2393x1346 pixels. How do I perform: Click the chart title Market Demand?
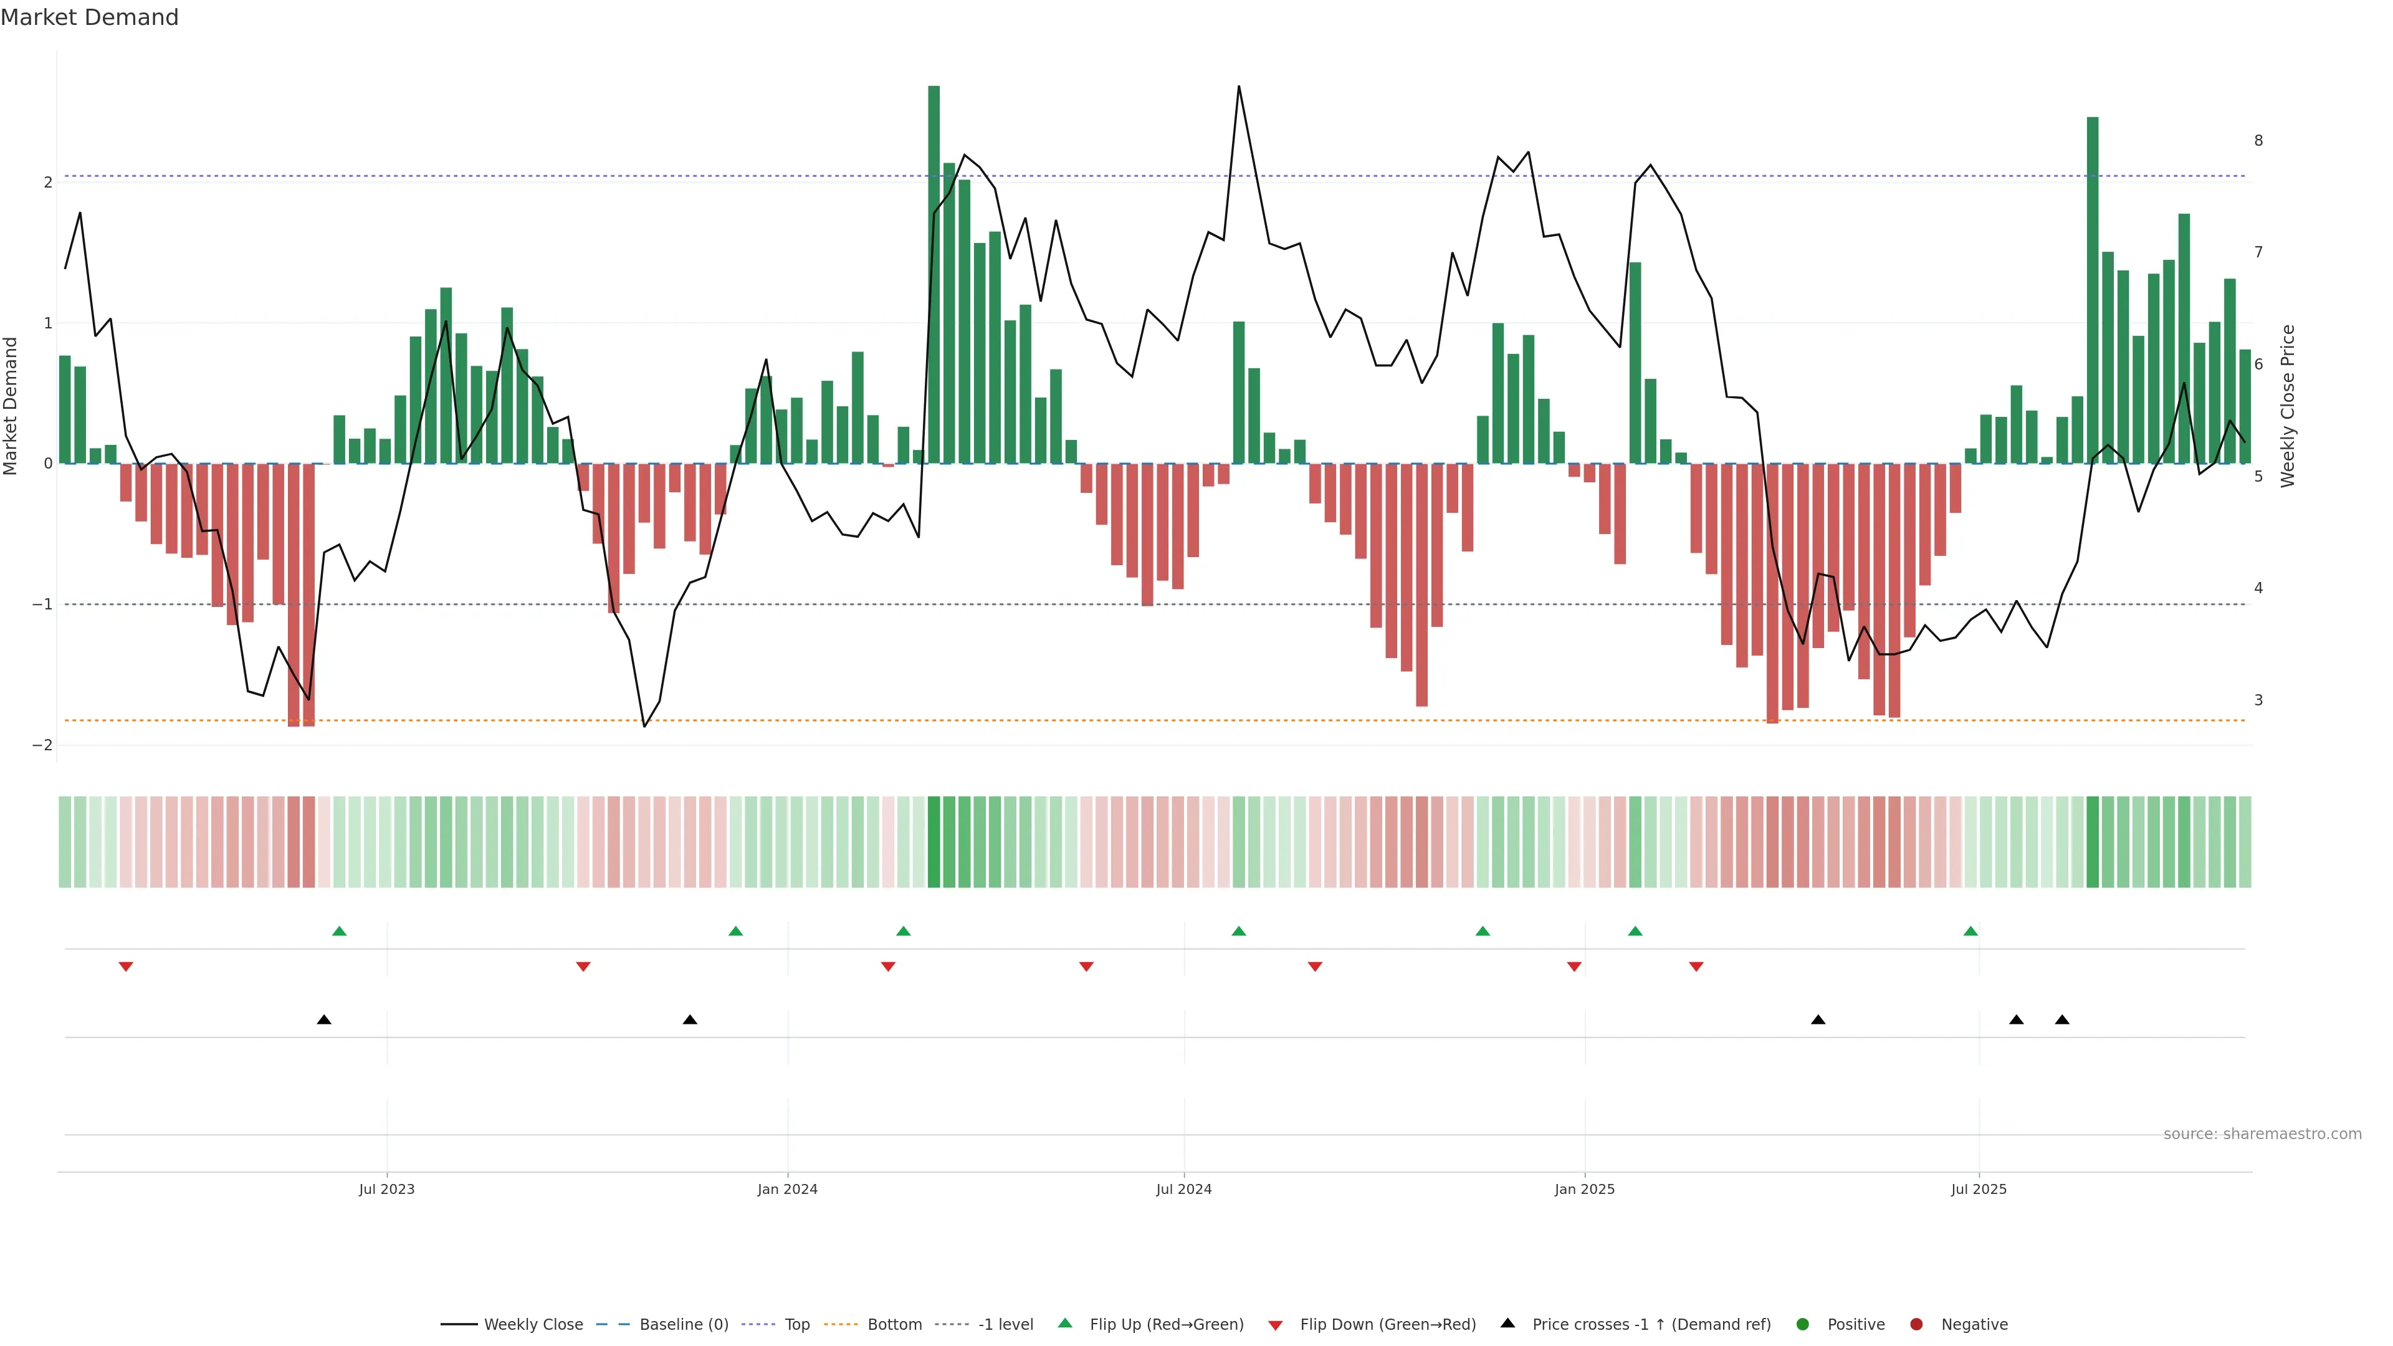point(89,17)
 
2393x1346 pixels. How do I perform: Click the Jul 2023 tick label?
point(386,1189)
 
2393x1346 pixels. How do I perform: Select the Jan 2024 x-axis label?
point(787,1189)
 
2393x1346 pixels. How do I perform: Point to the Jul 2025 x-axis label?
point(1979,1189)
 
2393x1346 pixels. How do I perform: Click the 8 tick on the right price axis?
point(2258,140)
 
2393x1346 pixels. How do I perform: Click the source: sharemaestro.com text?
point(2262,1134)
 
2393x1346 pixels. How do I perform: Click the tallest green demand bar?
point(934,274)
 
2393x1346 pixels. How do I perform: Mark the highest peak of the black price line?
point(1238,87)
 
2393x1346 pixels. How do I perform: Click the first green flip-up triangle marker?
point(339,931)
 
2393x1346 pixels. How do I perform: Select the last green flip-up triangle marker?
point(1970,931)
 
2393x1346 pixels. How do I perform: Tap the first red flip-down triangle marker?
point(127,967)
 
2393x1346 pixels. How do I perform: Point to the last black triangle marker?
point(2062,1020)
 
